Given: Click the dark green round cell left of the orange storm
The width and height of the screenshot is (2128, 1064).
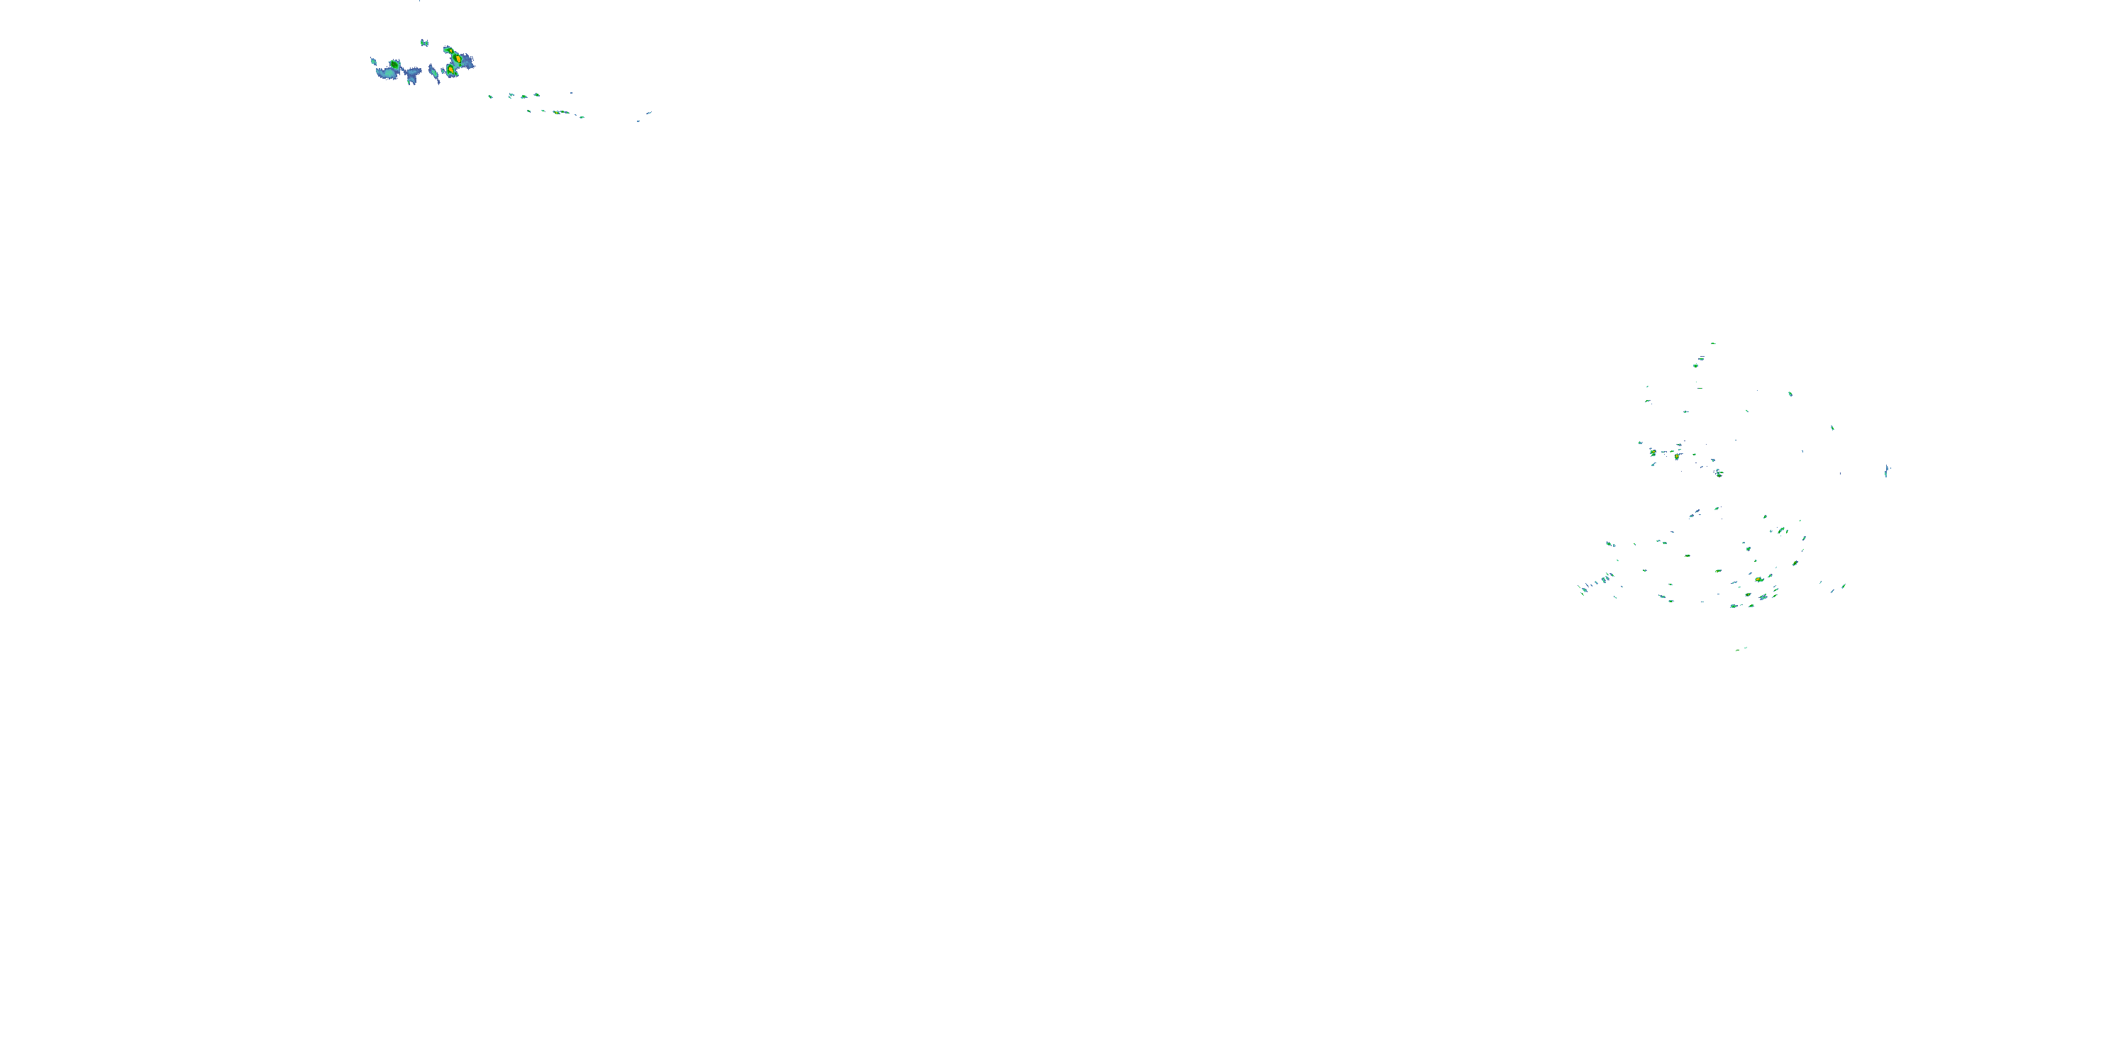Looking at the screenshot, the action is (395, 65).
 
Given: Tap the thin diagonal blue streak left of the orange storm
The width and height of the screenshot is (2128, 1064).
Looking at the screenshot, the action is (433, 72).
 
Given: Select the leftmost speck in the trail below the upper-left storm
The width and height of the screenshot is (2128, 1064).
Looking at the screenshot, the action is (490, 96).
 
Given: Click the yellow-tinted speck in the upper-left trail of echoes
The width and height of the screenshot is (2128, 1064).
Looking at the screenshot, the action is (560, 111).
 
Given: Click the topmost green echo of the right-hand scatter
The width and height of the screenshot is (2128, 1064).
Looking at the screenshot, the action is (1713, 343).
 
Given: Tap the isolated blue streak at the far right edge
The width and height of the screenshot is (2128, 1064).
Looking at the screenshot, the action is (1886, 471).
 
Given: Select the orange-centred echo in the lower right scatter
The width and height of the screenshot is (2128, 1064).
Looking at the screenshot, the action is (1758, 580).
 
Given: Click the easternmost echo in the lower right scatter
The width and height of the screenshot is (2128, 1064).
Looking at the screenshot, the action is (1843, 587).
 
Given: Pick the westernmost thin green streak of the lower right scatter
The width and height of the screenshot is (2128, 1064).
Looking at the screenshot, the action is (1581, 589).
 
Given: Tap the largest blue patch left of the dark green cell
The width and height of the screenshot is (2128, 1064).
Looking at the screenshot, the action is (386, 74).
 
